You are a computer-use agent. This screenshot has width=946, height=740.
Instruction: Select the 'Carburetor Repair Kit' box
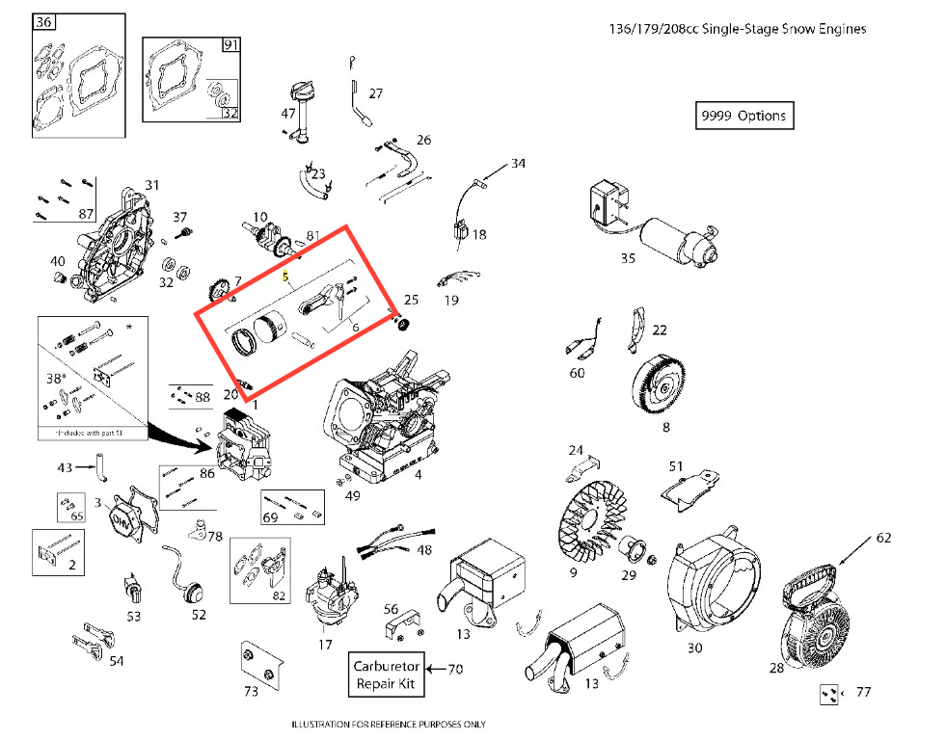386,674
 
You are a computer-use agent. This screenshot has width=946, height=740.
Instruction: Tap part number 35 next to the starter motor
629,258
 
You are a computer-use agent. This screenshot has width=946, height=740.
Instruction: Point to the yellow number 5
285,277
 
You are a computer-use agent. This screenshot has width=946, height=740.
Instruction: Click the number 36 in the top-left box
44,22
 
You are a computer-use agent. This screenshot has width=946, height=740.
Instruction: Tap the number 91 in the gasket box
230,45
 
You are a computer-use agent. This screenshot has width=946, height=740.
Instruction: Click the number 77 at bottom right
863,692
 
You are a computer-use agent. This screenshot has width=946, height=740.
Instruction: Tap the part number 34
519,164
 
